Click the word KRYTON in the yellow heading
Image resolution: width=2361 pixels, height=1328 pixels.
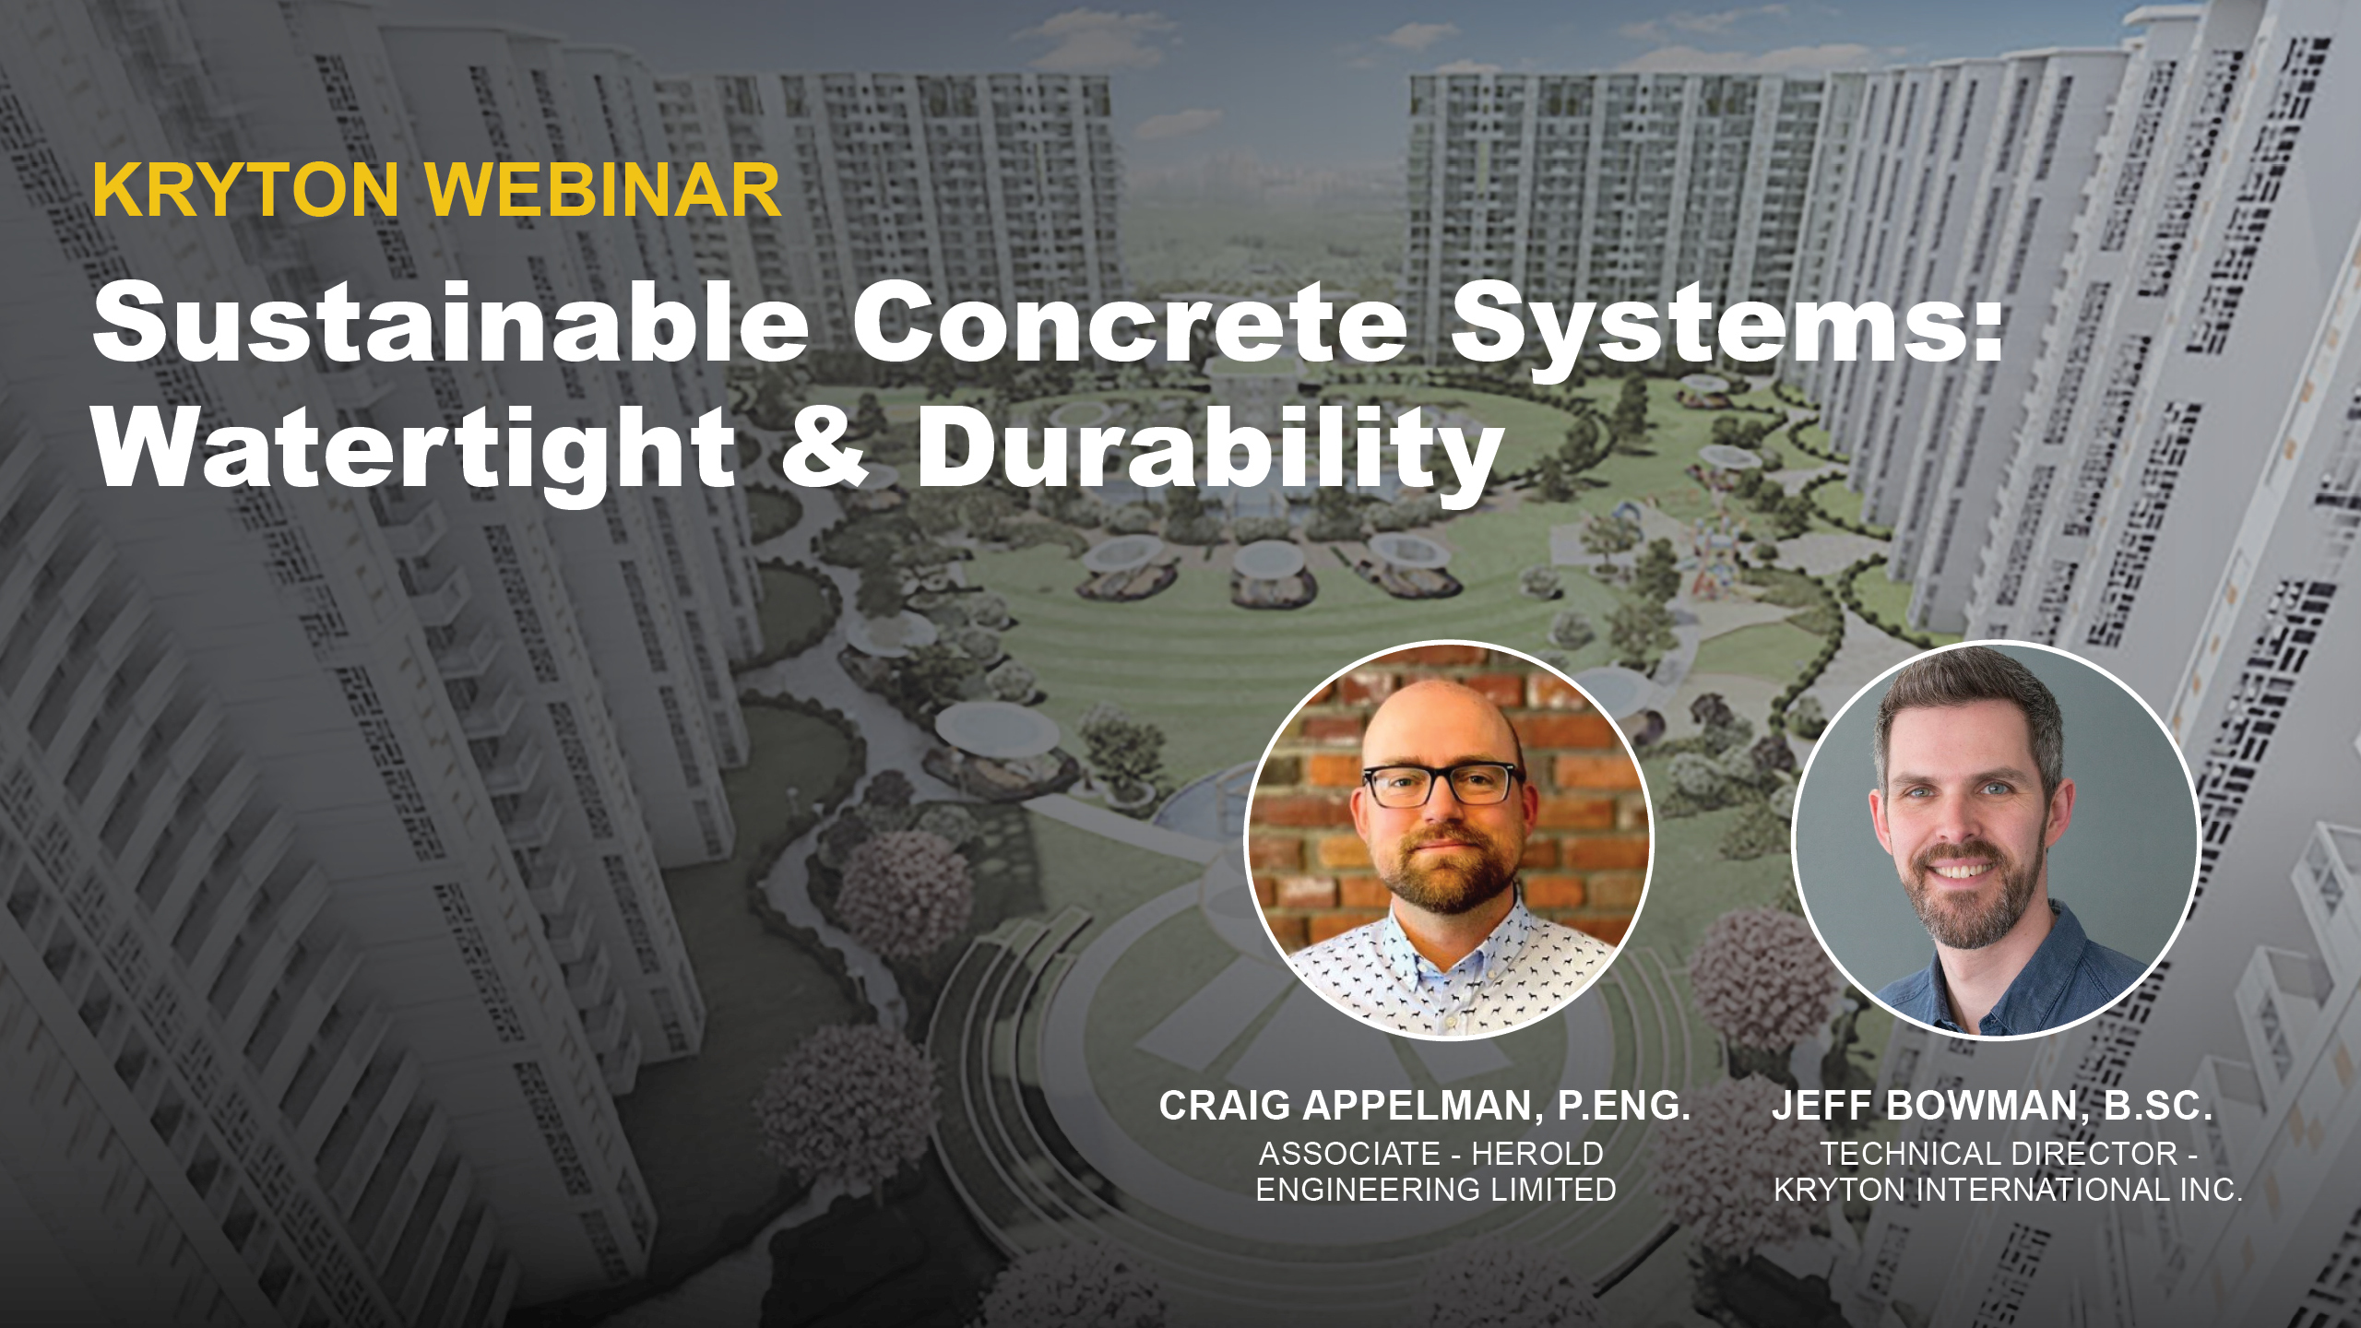[245, 190]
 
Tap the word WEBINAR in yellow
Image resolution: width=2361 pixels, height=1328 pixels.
[604, 190]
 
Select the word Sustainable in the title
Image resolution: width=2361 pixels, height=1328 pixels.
[450, 323]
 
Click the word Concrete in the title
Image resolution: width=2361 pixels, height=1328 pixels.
[1130, 323]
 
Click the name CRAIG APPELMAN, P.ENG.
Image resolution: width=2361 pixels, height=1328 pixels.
[1424, 1106]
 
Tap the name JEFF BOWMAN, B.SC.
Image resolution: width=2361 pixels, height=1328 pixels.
[1992, 1106]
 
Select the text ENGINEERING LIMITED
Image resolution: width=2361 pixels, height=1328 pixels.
[1436, 1190]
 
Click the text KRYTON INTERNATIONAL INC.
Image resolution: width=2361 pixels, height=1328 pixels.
[2009, 1190]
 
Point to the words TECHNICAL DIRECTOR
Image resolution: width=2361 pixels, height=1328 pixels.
[1998, 1154]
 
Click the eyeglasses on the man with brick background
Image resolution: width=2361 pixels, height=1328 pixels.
[1442, 784]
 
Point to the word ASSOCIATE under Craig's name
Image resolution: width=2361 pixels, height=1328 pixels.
[1349, 1154]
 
